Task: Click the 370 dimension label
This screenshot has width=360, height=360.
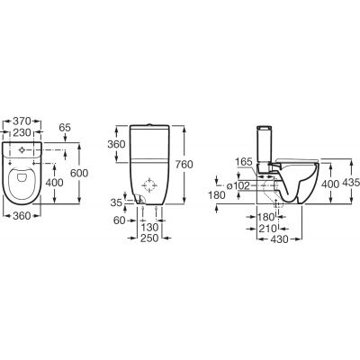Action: click(x=22, y=121)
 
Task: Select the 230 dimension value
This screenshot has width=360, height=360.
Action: click(x=22, y=132)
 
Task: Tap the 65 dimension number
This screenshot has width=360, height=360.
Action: click(x=65, y=128)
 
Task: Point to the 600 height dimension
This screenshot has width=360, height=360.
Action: click(x=79, y=173)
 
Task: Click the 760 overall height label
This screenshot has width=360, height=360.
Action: click(x=184, y=165)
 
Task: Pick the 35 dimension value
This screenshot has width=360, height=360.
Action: click(x=117, y=202)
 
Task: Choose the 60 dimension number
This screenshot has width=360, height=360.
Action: click(x=120, y=220)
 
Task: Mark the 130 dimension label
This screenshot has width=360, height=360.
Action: click(x=149, y=228)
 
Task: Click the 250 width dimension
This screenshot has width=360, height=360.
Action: click(x=149, y=238)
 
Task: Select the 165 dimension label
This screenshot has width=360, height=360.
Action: click(x=244, y=162)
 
